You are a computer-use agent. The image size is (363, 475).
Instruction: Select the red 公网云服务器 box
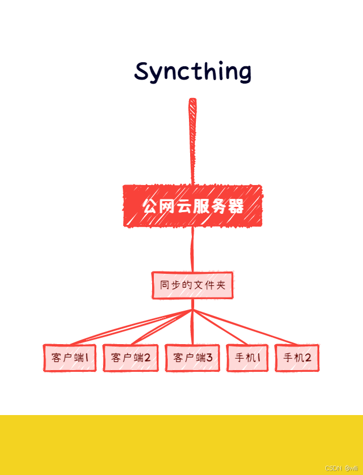point(193,206)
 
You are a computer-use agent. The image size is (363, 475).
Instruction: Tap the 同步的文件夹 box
point(192,285)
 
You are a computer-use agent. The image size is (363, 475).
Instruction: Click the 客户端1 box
point(70,358)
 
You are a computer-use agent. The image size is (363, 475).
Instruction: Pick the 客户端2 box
point(130,358)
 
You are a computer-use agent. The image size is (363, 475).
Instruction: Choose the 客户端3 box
point(192,358)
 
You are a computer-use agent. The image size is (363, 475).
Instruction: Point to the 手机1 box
point(248,358)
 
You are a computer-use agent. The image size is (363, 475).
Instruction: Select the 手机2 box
point(297,358)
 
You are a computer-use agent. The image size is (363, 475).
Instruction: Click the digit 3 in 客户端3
point(209,358)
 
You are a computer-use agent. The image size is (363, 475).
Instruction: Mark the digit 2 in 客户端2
point(147,358)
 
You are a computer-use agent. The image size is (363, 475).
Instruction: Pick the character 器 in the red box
point(236,206)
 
